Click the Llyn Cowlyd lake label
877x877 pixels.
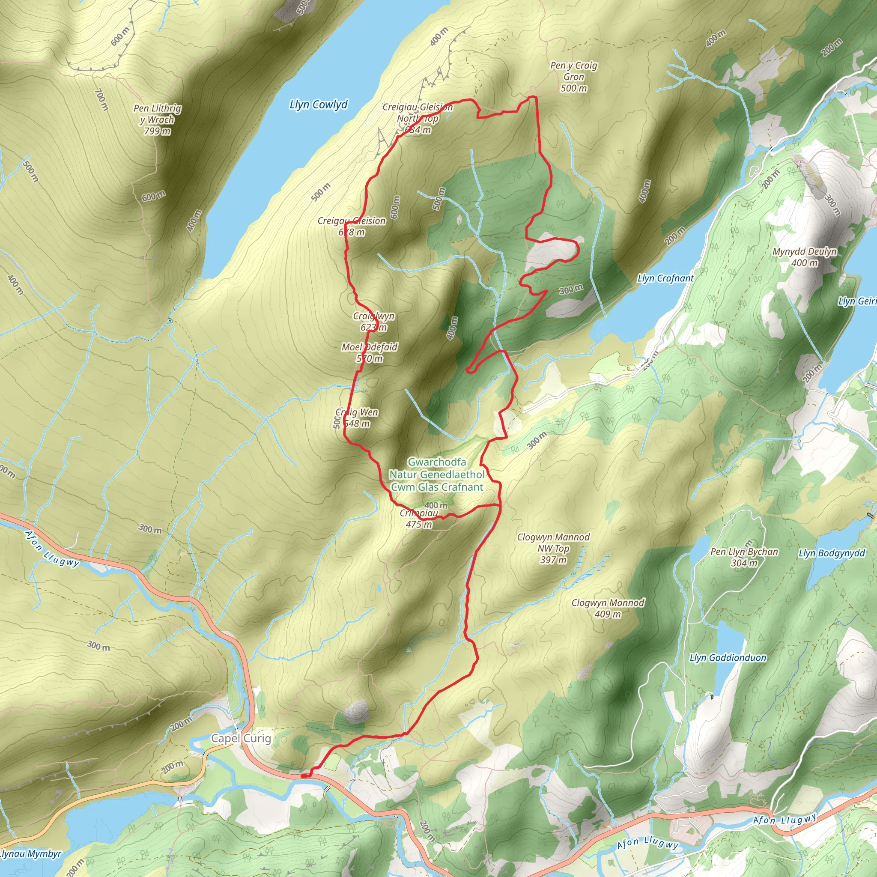click(319, 105)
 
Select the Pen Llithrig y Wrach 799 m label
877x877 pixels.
click(157, 120)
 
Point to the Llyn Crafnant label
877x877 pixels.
click(665, 278)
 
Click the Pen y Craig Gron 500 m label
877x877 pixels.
click(574, 77)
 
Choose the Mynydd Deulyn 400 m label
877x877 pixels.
click(804, 257)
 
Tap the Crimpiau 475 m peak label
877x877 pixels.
click(419, 519)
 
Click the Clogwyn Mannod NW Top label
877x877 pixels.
click(553, 549)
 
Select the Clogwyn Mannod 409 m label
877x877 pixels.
click(608, 608)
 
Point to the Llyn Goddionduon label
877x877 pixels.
click(728, 658)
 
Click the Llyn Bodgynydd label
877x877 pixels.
click(832, 553)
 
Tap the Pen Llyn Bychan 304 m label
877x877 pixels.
click(744, 557)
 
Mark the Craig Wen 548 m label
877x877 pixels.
click(357, 418)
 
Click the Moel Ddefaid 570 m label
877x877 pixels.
click(370, 353)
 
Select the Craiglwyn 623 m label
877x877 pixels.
click(373, 322)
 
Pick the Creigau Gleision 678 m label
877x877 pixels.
click(352, 226)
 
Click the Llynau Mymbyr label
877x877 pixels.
click(30, 854)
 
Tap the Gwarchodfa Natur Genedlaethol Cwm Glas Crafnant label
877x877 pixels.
click(437, 474)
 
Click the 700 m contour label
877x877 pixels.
click(101, 99)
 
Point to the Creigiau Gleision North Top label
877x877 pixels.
click(418, 119)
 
